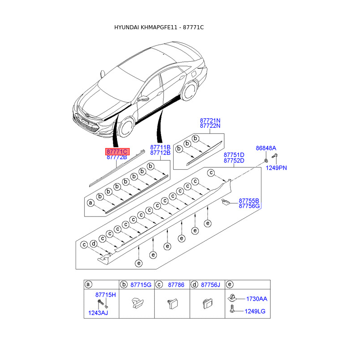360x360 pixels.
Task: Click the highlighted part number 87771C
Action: pos(117,152)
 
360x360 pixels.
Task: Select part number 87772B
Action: pos(117,157)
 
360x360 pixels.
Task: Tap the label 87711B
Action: pos(160,147)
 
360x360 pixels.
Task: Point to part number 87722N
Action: pos(210,126)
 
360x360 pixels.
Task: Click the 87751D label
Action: pos(234,155)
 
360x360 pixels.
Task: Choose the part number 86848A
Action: pos(266,148)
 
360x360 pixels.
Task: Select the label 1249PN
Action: pos(276,168)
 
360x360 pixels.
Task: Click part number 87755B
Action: pos(249,201)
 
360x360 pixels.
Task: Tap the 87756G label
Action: pos(249,206)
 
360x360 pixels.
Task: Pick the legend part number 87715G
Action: pos(141,284)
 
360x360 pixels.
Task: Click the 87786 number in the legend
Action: pos(176,284)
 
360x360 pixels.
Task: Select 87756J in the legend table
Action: pos(211,284)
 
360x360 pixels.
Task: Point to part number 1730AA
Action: pos(256,299)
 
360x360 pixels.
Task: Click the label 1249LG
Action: pos(256,311)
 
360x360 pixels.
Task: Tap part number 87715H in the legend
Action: pos(106,294)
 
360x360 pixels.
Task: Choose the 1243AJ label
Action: pos(98,313)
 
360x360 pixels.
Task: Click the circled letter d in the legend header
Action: pos(194,284)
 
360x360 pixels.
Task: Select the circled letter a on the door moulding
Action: pos(90,203)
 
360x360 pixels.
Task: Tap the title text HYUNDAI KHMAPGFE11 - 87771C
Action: pos(159,27)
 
